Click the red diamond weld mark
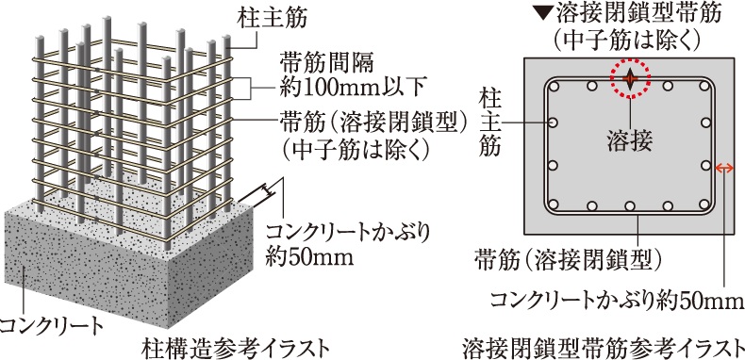(629, 79)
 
